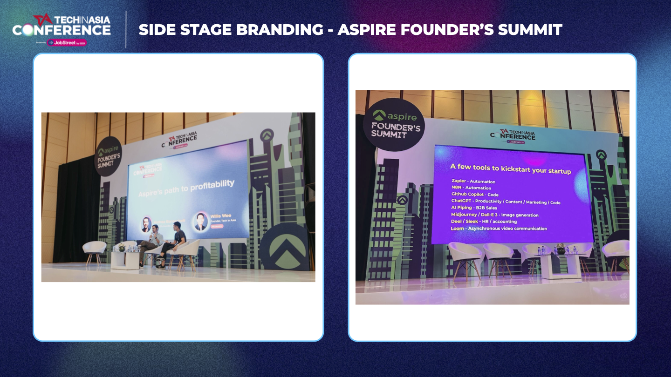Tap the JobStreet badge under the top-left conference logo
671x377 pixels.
(67, 42)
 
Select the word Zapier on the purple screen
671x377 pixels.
(459, 181)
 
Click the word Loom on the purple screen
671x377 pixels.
(458, 229)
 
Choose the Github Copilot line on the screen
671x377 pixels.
(474, 194)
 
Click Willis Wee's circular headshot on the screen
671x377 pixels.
(201, 222)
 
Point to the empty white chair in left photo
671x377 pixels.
(95, 250)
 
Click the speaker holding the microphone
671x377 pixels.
(153, 242)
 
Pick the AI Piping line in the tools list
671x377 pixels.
(473, 208)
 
